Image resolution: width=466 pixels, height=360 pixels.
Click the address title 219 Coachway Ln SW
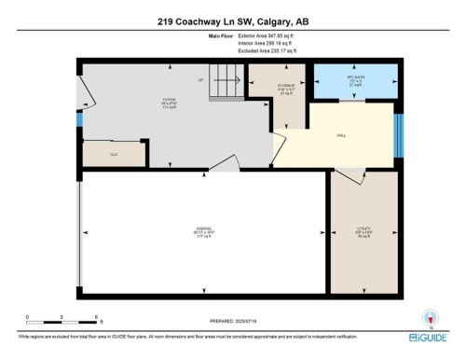[233, 21]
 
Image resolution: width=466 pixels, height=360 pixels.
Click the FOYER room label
[144, 99]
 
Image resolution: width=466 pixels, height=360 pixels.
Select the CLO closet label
[113, 154]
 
